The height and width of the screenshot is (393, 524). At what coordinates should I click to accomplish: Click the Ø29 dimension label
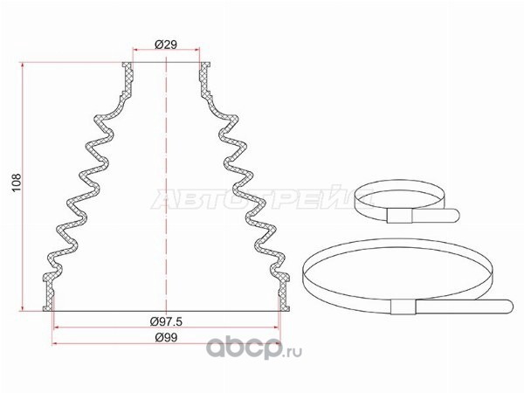tap(166, 45)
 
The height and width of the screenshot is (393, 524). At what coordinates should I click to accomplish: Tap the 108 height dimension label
tap(17, 183)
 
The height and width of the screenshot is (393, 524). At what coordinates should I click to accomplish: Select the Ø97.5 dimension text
tap(166, 321)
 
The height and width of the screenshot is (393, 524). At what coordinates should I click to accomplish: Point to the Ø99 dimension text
tap(166, 337)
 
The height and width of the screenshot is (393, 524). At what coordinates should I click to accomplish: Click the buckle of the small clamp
tap(399, 216)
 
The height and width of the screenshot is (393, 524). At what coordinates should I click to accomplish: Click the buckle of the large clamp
tap(403, 307)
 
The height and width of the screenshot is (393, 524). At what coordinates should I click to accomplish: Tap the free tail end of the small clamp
tap(455, 215)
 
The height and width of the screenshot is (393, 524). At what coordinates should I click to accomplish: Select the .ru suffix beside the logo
tap(293, 352)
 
